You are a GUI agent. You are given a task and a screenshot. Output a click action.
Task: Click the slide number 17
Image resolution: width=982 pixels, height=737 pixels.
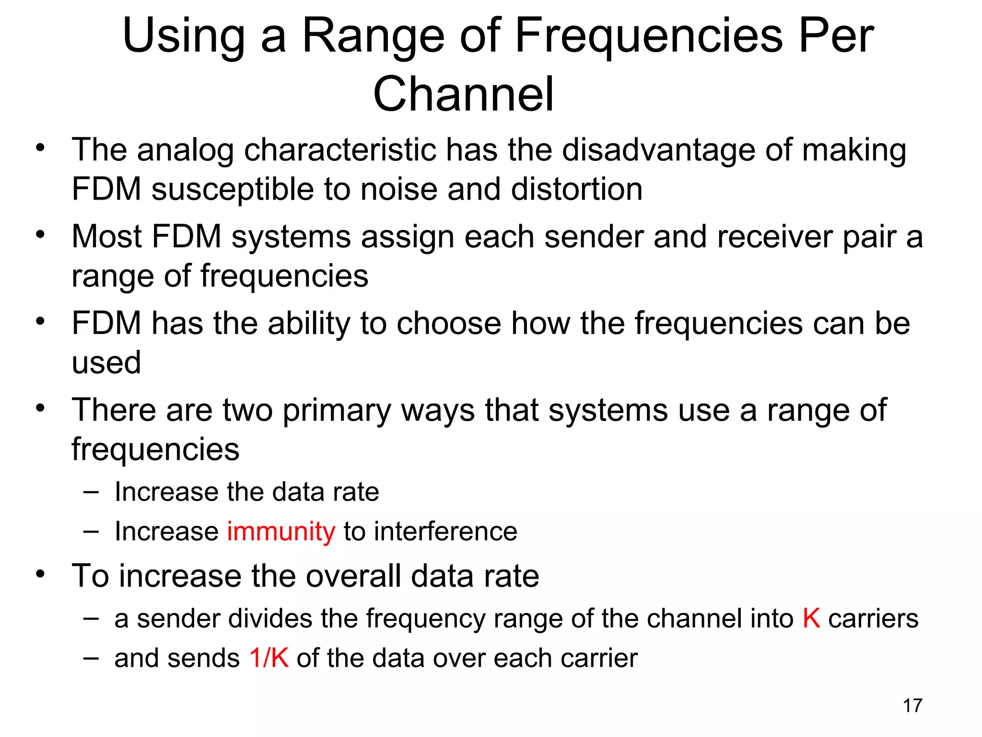(x=912, y=706)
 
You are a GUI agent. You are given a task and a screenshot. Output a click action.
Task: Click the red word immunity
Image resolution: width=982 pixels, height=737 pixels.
(x=281, y=532)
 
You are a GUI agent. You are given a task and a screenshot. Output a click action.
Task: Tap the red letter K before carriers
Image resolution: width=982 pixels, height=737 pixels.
(x=811, y=618)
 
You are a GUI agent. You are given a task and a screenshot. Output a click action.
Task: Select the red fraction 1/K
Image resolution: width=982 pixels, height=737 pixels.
(x=269, y=658)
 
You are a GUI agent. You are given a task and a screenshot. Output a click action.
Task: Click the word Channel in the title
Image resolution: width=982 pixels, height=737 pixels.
(x=464, y=94)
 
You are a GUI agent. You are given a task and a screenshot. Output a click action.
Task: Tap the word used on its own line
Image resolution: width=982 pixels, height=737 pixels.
(x=106, y=363)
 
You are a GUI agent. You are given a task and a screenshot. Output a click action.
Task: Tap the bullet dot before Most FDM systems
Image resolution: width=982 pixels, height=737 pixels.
(x=40, y=235)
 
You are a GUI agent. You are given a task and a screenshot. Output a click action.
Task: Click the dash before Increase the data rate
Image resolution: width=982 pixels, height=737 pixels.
(x=91, y=492)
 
